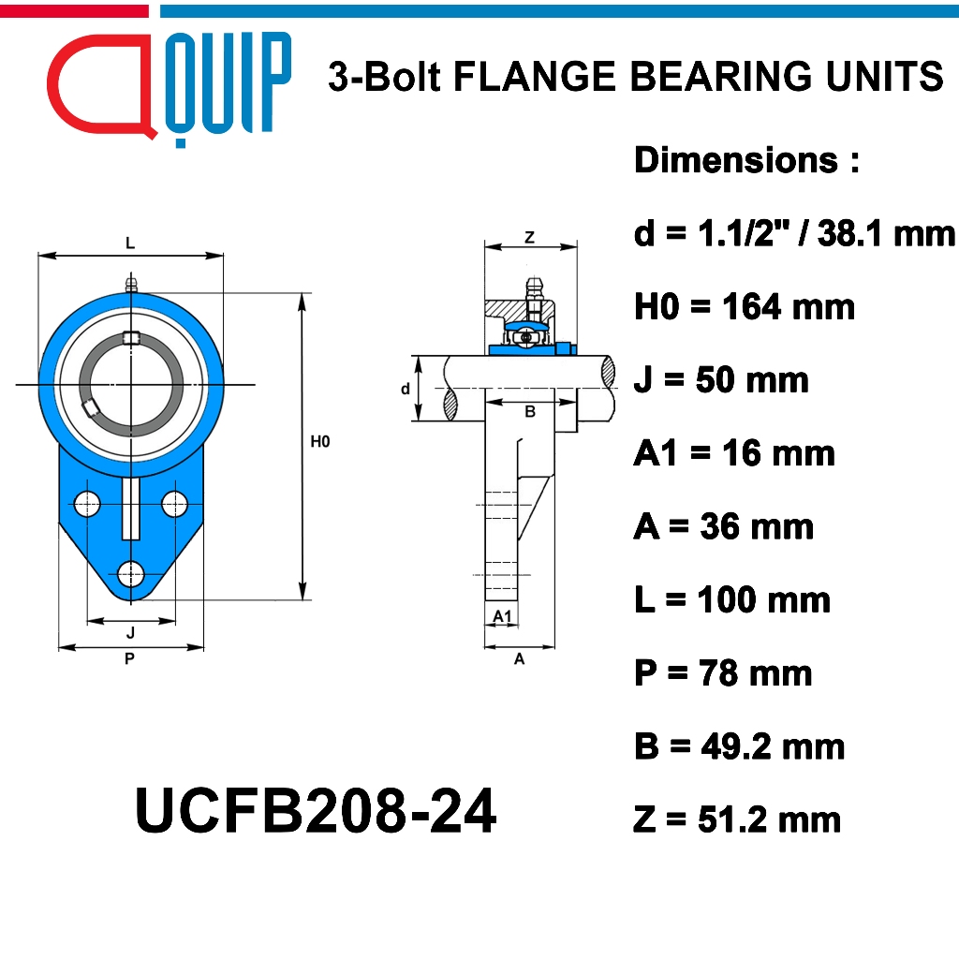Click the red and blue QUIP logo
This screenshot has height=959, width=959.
pyautogui.click(x=169, y=89)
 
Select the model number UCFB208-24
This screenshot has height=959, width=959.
pyautogui.click(x=316, y=811)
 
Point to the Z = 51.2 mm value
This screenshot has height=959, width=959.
pyautogui.click(x=737, y=819)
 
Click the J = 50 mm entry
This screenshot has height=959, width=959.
pyautogui.click(x=721, y=380)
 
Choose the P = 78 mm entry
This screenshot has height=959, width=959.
pyautogui.click(x=723, y=672)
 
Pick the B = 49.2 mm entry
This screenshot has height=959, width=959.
pyautogui.click(x=739, y=746)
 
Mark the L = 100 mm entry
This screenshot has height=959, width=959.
pyautogui.click(x=732, y=599)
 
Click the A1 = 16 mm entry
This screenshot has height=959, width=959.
pyautogui.click(x=734, y=453)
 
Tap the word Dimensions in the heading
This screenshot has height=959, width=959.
pyautogui.click(x=736, y=160)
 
